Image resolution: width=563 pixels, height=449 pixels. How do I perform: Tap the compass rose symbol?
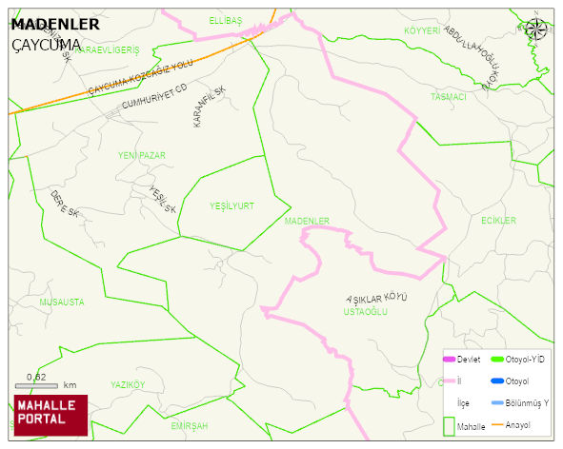(x=536, y=29)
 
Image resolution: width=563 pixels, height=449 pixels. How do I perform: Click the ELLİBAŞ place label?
(x=226, y=20)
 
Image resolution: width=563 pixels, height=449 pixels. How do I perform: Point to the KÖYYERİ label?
(x=423, y=31)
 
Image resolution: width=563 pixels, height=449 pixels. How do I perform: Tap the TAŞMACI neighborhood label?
(x=449, y=97)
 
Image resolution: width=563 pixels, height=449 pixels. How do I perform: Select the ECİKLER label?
(x=498, y=221)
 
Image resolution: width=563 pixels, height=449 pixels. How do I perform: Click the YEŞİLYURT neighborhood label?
(x=231, y=205)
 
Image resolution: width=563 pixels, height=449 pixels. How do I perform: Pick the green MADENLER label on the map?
(x=307, y=221)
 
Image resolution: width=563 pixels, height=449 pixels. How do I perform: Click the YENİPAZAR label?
(x=142, y=154)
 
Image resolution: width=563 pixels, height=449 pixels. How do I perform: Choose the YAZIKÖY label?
(x=128, y=384)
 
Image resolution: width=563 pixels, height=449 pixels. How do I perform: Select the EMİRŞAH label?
(x=190, y=426)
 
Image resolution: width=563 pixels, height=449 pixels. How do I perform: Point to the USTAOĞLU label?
(x=366, y=311)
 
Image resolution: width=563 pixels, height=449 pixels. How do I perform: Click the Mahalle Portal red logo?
(x=50, y=415)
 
